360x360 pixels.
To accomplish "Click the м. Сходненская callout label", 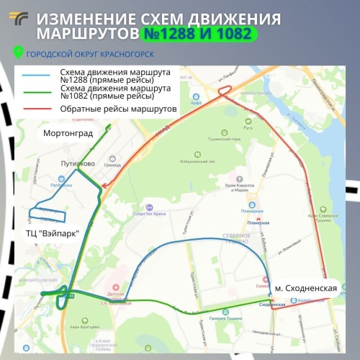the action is pyautogui.click(x=306, y=288).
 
